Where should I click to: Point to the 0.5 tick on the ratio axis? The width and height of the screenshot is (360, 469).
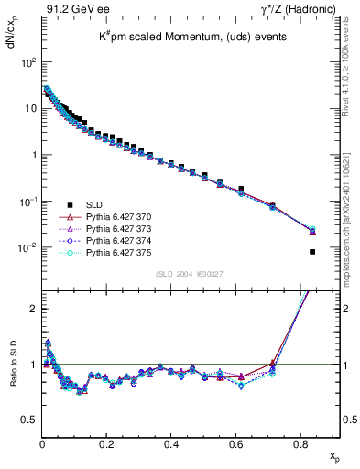(x=29, y=420)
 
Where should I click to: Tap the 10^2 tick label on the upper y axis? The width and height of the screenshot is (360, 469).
(x=27, y=62)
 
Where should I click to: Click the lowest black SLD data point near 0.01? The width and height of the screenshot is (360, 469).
(x=312, y=252)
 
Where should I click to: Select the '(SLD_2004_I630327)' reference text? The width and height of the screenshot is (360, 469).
(x=188, y=274)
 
